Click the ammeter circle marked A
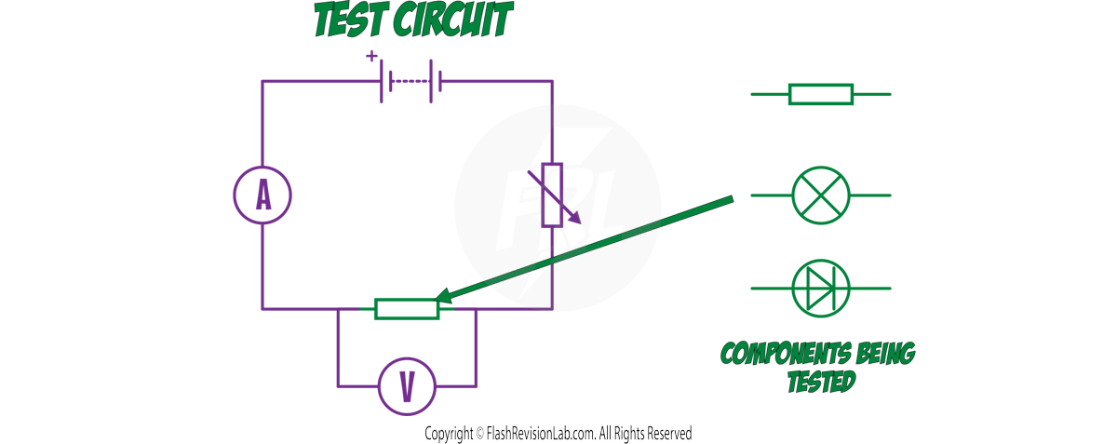coord(262,195)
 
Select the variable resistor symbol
coord(553,195)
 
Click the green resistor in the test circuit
coord(406,308)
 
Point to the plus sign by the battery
coord(372,56)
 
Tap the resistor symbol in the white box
coord(820,94)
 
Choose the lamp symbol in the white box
coord(820,195)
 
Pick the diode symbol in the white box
coord(820,288)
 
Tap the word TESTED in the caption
coord(820,382)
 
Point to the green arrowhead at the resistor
coord(441,298)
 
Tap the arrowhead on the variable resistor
coord(577,221)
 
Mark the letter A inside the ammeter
coord(262,195)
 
